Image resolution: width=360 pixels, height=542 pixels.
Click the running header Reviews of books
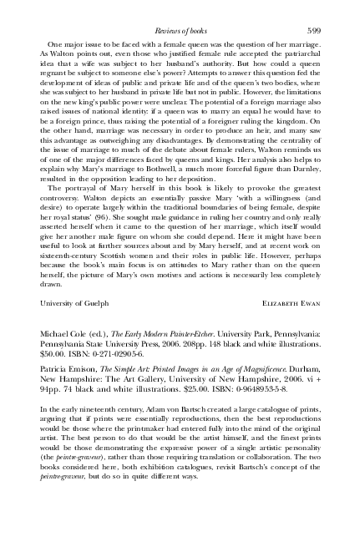coord(180,30)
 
